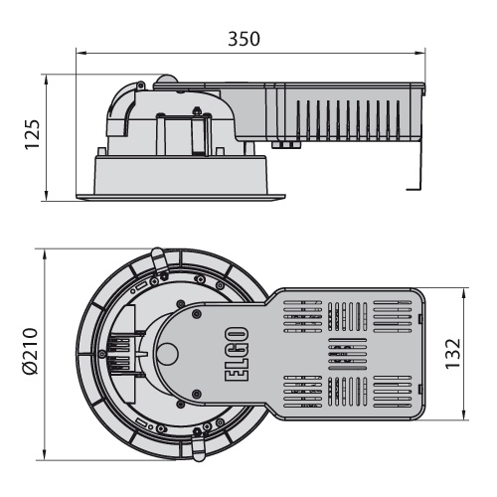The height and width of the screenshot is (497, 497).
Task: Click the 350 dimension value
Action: [x=244, y=39]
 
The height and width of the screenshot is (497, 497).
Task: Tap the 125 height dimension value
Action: [x=33, y=134]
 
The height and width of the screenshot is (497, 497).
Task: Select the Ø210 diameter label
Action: [x=31, y=352]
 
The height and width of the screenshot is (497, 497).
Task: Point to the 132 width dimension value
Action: [x=452, y=354]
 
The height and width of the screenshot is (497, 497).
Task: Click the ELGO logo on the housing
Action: [x=237, y=354]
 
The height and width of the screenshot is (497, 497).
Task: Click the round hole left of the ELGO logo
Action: [x=167, y=353]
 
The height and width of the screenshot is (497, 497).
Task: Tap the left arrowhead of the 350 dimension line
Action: [x=82, y=53]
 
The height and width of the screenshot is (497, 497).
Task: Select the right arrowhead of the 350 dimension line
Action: [x=419, y=53]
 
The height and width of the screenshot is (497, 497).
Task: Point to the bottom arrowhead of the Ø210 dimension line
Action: [x=44, y=454]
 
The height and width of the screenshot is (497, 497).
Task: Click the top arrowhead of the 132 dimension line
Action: [x=464, y=293]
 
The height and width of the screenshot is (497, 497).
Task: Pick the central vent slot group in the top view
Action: [x=348, y=354]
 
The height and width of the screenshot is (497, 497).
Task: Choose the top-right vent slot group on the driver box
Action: [x=393, y=316]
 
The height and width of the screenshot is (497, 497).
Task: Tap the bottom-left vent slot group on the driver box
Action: [x=303, y=392]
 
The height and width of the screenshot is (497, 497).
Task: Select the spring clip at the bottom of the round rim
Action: [x=199, y=447]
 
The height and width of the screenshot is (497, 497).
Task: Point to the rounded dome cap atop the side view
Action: [x=167, y=79]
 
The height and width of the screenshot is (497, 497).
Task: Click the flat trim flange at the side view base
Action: [x=181, y=198]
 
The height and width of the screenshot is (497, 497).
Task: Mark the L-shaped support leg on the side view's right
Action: [x=416, y=166]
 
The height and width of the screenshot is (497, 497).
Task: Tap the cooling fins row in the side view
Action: [x=348, y=120]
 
